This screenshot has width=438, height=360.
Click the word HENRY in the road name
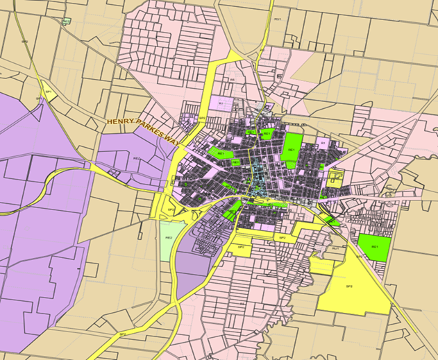(x=119, y=121)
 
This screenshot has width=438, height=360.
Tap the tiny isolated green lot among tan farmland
(x=66, y=22)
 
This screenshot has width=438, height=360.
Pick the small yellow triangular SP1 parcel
(x=48, y=91)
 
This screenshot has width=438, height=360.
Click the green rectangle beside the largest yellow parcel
(x=374, y=247)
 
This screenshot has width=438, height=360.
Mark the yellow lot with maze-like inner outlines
(x=336, y=178)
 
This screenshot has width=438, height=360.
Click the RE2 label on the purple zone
(x=137, y=159)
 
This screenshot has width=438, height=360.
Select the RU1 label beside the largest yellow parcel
(x=336, y=248)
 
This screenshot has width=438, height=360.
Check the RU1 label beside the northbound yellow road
(x=277, y=19)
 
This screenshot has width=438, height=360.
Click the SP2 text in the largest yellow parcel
(x=349, y=286)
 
